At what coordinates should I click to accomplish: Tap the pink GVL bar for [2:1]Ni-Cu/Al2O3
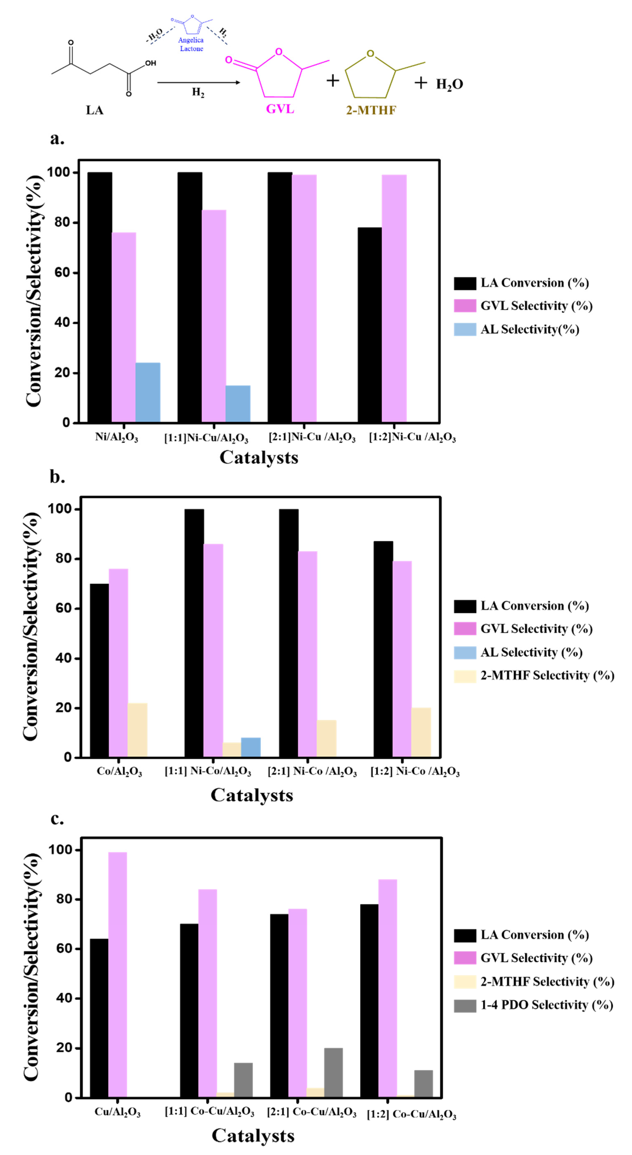tap(304, 298)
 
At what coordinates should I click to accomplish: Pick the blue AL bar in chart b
tap(251, 747)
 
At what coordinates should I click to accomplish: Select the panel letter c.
tap(57, 819)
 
